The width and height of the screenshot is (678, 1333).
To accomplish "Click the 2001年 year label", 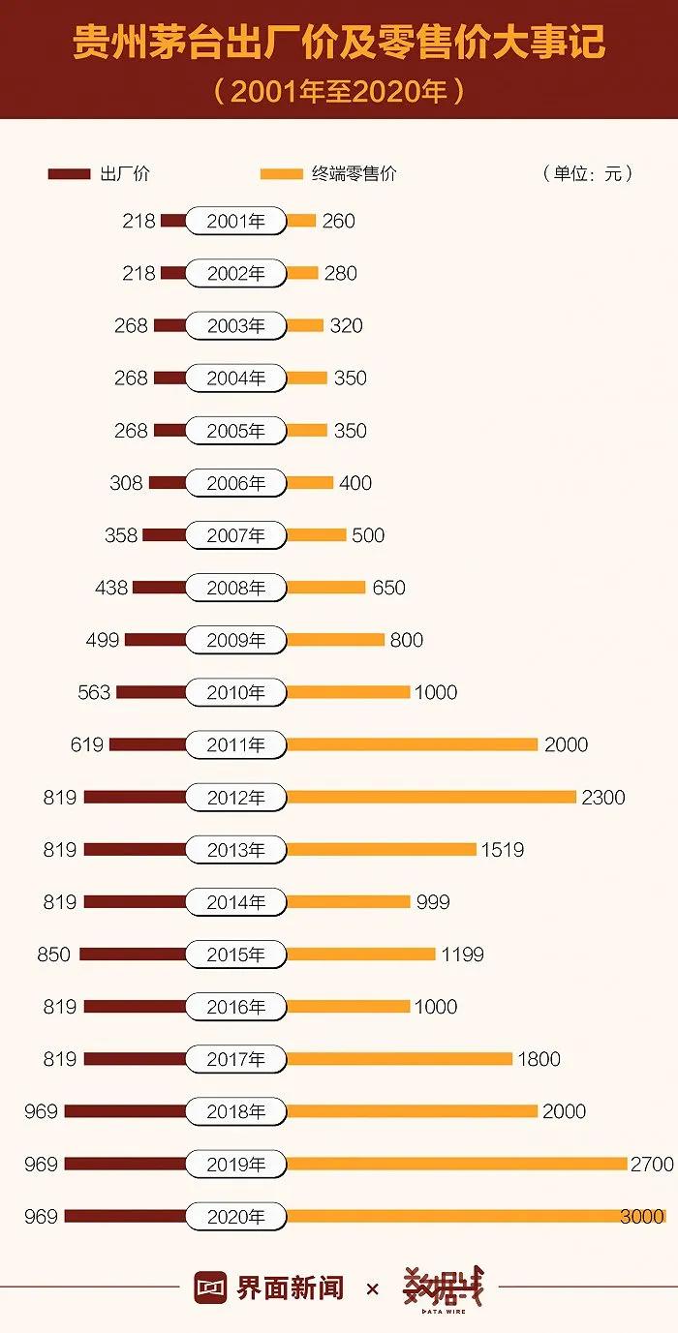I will pyautogui.click(x=235, y=221).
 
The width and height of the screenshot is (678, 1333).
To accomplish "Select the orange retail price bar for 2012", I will pyautogui.click(x=431, y=797).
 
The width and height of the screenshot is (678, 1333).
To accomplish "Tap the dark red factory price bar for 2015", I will pyautogui.click(x=132, y=954).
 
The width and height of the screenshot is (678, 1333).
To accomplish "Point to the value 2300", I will pyautogui.click(x=603, y=797).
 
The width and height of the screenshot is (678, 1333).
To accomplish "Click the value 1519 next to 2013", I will pyautogui.click(x=503, y=849).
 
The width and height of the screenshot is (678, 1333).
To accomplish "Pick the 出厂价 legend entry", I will pyautogui.click(x=99, y=174).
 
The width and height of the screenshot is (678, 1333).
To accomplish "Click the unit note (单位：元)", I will pyautogui.click(x=588, y=174).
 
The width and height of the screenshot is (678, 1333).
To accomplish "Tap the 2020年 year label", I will pyautogui.click(x=235, y=1216).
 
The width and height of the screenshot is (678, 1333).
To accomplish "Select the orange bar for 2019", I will pyautogui.click(x=456, y=1164).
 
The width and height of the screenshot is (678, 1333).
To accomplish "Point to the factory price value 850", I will pyautogui.click(x=54, y=954).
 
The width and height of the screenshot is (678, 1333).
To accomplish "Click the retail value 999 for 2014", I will pyautogui.click(x=433, y=901).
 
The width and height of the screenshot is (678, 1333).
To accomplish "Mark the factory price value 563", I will pyautogui.click(x=94, y=692).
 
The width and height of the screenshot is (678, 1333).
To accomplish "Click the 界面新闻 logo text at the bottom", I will pyautogui.click(x=290, y=1288).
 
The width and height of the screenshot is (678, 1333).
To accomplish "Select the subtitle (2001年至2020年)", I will pyautogui.click(x=339, y=92).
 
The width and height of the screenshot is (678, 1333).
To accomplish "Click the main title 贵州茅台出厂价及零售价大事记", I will pyautogui.click(x=339, y=44).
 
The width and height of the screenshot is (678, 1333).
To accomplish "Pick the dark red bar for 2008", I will pyautogui.click(x=159, y=588).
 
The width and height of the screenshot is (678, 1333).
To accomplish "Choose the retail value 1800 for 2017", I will pyautogui.click(x=539, y=1059).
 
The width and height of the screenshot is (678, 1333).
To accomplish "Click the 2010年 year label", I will pyautogui.click(x=235, y=692).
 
